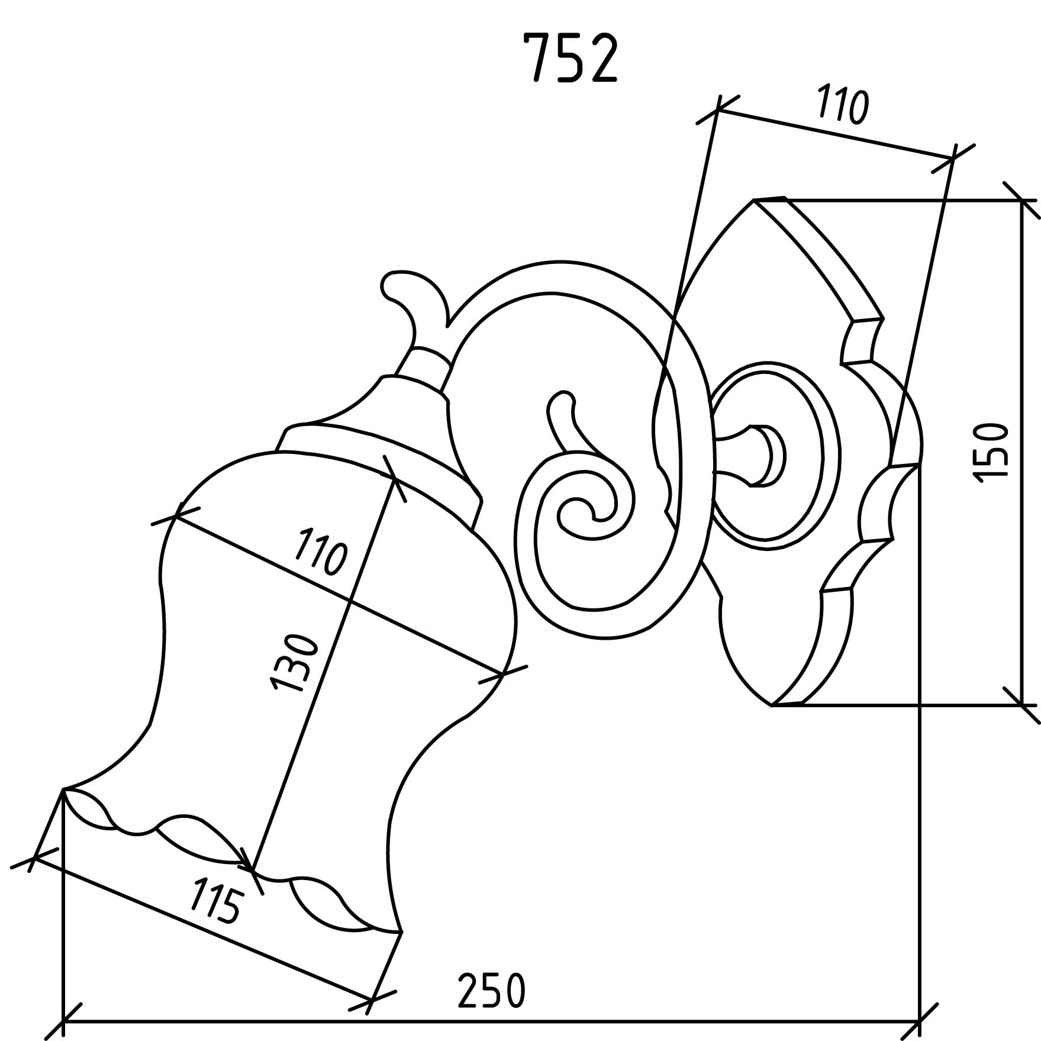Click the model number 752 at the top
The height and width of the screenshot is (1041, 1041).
[572, 58]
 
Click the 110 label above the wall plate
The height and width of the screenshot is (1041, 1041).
[843, 107]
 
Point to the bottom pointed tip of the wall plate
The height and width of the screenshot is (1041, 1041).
[772, 705]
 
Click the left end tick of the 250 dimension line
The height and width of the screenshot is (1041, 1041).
[63, 1021]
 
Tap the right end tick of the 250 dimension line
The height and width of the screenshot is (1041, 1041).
[919, 1021]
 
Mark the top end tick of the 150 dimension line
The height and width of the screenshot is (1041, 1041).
[1022, 201]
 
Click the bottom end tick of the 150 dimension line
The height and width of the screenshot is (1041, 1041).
[1022, 705]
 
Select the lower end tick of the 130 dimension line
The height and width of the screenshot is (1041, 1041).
[252, 871]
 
